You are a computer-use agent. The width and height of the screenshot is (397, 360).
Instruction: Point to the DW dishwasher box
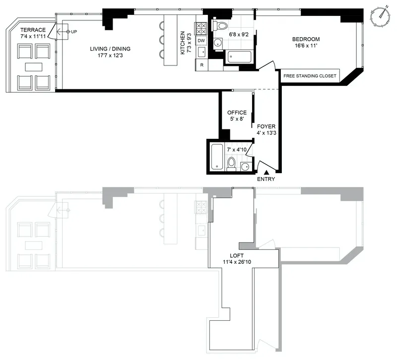[x=201, y=41]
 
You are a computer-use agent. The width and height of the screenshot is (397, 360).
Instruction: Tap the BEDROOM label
[x=306, y=39]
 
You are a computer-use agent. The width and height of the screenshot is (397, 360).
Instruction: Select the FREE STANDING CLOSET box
[x=310, y=76]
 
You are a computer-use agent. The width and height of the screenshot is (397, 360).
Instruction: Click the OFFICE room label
[x=236, y=113]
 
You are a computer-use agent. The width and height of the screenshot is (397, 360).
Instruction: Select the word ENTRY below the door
[x=266, y=180]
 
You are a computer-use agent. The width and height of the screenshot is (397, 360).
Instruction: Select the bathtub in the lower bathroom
[x=216, y=156]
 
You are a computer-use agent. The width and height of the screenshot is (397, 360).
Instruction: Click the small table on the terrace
[x=34, y=67]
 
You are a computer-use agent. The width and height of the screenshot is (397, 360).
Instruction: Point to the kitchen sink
[x=201, y=52]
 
